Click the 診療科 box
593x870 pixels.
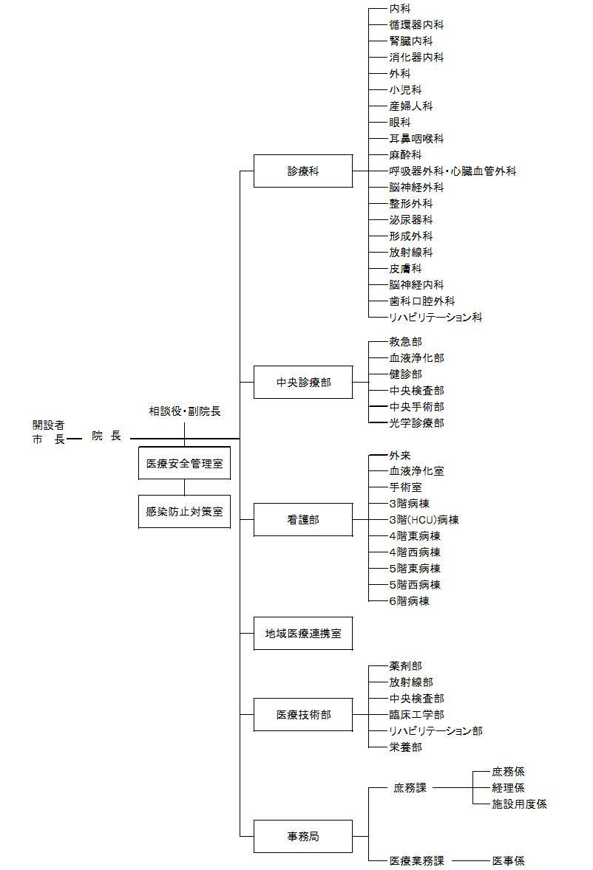[x=303, y=171]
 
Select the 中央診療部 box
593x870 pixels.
[x=303, y=383]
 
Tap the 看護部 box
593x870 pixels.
[x=303, y=520]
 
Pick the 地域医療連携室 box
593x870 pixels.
[x=303, y=634]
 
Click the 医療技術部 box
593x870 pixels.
[x=303, y=715]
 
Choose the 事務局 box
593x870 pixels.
[x=303, y=836]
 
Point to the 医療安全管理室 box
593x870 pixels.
[x=184, y=463]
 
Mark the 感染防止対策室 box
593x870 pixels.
[x=184, y=512]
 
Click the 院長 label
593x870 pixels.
[x=106, y=436]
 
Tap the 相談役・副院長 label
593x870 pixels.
[x=185, y=411]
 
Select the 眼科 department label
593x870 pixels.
[x=400, y=122]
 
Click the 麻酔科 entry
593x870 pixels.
[x=405, y=155]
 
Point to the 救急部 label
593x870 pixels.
[x=405, y=342]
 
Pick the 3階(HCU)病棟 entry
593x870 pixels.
[x=424, y=520]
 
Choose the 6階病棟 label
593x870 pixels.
[x=409, y=601]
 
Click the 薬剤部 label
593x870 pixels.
[x=405, y=666]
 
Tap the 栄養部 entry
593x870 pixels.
[x=405, y=747]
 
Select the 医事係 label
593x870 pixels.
[x=508, y=860]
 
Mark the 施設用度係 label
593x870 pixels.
[x=519, y=804]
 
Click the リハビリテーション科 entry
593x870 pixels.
[x=436, y=318]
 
